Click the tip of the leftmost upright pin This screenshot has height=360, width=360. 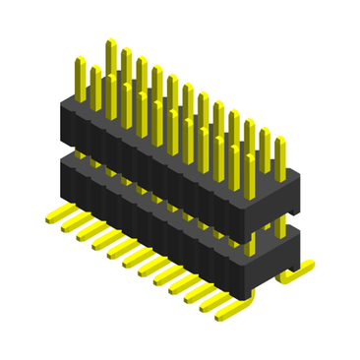coord(80,62)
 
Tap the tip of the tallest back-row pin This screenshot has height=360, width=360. coord(110,43)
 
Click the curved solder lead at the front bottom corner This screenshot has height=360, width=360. coord(240,313)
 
